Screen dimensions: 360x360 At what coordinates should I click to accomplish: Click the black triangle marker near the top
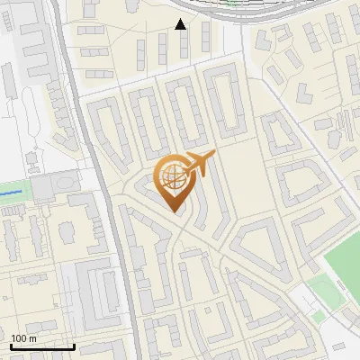(x=180, y=23)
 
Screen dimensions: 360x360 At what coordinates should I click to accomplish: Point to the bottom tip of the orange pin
(x=175, y=212)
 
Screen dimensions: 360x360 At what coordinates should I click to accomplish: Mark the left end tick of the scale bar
(x=11, y=346)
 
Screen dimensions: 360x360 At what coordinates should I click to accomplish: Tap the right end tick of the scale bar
(x=74, y=346)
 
